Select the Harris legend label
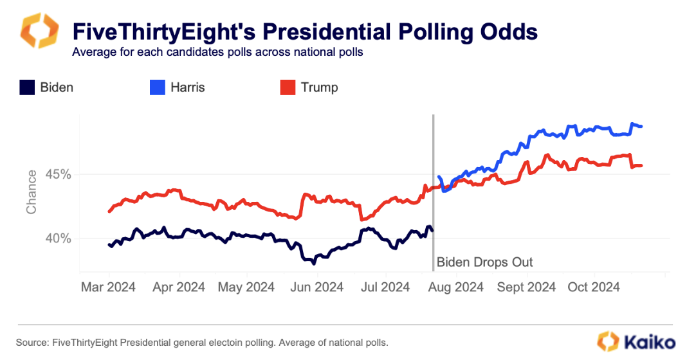point(187,87)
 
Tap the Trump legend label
point(319,87)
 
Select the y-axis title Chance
point(32,192)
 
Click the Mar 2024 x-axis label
point(108,287)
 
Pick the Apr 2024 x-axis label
point(178,287)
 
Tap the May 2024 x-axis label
point(247,287)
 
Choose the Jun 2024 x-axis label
point(317,287)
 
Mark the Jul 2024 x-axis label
point(385,287)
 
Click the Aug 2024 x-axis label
point(455,287)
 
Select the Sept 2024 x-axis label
point(526,287)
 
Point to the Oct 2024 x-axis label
point(593,287)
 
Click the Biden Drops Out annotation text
point(484,262)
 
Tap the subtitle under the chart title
point(217,52)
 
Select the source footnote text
point(202,342)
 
